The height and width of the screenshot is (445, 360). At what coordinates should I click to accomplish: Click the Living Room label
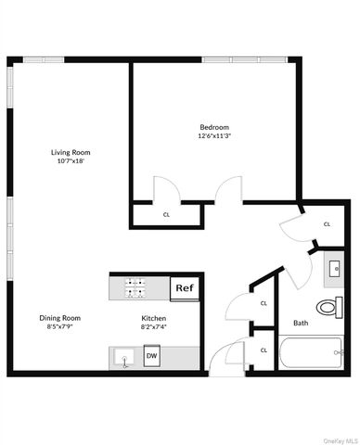pos(70,152)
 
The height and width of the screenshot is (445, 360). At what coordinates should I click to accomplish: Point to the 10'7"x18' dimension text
pos(70,161)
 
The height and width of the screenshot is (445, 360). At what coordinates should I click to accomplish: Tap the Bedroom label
pos(213,127)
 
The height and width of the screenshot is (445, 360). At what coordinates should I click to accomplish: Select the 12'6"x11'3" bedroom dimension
pos(213,136)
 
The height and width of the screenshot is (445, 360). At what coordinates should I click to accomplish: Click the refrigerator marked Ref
pos(184,288)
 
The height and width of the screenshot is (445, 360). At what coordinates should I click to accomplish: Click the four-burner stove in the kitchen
pos(134,288)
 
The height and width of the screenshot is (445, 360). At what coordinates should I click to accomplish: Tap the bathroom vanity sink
pos(335,271)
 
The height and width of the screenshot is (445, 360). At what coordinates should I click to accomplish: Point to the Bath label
pos(301,324)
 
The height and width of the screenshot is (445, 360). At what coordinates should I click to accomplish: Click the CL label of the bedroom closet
pos(167,214)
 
